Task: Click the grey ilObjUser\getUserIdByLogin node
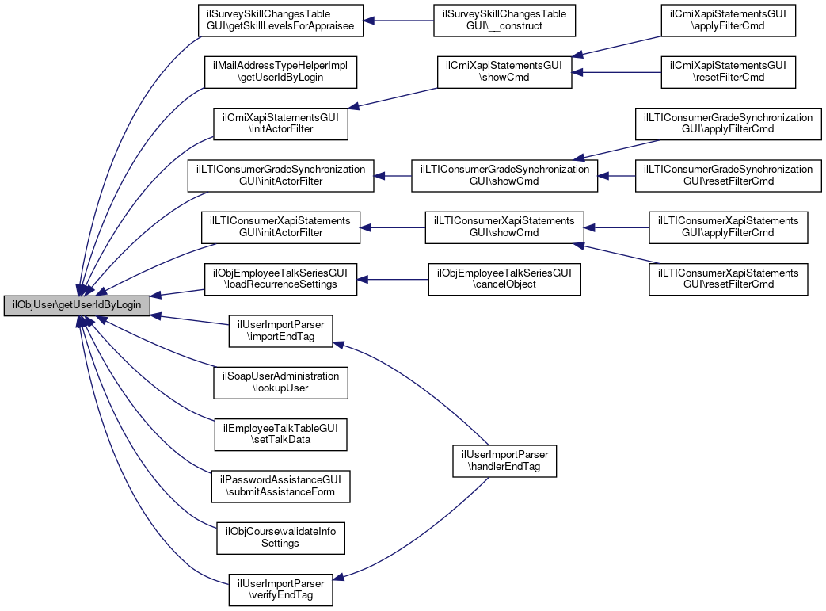pos(76,305)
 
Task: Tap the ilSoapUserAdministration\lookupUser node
pos(281,383)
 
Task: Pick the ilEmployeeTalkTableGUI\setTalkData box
pos(281,434)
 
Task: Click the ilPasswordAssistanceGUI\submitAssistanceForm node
pos(281,486)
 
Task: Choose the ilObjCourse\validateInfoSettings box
pos(281,538)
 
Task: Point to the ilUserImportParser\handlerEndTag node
pos(504,460)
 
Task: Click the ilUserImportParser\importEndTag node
pos(281,331)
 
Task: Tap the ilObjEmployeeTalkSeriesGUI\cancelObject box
pos(504,279)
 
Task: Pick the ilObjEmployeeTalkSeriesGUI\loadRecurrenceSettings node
pos(281,279)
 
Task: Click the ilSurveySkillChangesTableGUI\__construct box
pos(504,21)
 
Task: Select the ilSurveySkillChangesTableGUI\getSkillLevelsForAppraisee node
pos(281,21)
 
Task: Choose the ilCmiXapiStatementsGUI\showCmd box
pos(504,72)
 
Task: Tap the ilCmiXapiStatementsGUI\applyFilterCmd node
pos(727,21)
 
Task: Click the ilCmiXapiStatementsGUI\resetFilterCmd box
pos(727,72)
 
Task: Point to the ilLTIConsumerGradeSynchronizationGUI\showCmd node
pos(504,176)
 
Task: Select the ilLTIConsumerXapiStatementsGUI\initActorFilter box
pos(281,227)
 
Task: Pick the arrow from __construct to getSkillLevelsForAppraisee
pos(398,21)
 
